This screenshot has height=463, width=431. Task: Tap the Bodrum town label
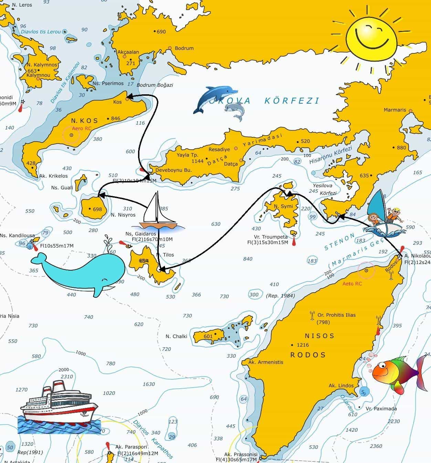184,48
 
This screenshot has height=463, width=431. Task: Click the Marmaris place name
395,110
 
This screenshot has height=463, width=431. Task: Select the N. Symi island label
283,206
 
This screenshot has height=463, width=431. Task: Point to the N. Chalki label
176,336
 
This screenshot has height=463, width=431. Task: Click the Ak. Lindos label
341,386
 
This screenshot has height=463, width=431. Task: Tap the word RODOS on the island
308,355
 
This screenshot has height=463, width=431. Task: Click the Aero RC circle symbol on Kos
72,135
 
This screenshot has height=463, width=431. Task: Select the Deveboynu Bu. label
173,170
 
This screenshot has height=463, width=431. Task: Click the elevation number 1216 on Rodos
303,345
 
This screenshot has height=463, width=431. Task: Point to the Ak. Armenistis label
265,362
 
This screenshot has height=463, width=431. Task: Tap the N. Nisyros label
123,215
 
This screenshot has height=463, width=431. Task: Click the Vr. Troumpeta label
271,237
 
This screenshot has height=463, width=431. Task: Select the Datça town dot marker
241,160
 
